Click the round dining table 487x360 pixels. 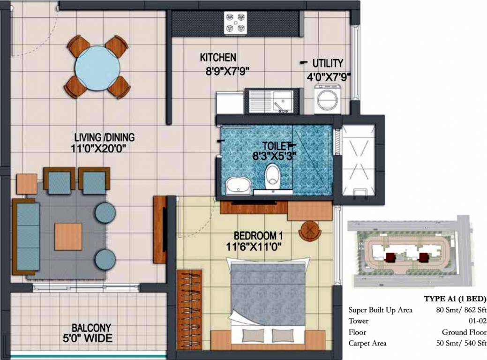tap(97, 67)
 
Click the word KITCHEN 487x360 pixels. tap(218, 58)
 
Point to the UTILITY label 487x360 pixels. tap(328, 63)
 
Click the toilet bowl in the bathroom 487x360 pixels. tap(272, 178)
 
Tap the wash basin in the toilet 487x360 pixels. tap(238, 187)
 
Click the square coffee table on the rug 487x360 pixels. tap(68, 236)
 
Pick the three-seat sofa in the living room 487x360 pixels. tap(26, 237)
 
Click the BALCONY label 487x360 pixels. tap(91, 328)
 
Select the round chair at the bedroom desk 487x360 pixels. tap(309, 230)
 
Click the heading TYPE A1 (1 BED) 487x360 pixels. tap(455, 299)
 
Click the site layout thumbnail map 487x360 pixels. tap(410, 253)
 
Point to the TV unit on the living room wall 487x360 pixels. tap(160, 230)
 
